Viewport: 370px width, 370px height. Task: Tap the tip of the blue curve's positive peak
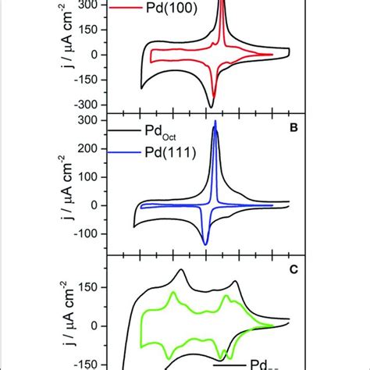(216, 122)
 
